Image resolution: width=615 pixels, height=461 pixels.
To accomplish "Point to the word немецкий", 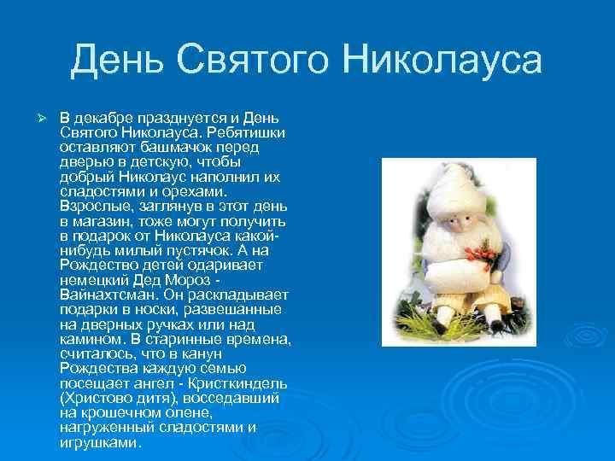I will [94, 280].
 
